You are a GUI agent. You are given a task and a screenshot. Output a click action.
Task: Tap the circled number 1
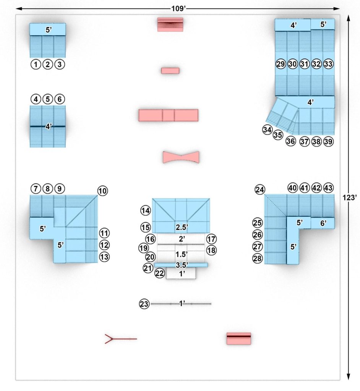click(x=36, y=65)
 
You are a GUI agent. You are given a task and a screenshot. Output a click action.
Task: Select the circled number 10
click(x=102, y=191)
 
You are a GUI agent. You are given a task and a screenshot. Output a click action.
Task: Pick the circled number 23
click(x=144, y=304)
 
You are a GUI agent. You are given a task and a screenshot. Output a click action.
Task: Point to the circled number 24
click(x=260, y=190)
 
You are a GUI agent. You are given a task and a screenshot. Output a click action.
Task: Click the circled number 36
click(x=290, y=141)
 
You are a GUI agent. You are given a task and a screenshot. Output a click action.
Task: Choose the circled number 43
click(x=328, y=188)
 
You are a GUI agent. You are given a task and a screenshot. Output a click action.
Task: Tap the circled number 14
click(x=145, y=210)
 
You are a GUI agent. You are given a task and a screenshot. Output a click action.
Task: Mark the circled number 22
click(x=160, y=273)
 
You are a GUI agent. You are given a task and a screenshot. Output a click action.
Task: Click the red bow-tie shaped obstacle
click(x=181, y=157)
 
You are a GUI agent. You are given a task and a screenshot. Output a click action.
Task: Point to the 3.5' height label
click(x=182, y=265)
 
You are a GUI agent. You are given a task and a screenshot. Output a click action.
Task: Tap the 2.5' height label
click(x=181, y=227)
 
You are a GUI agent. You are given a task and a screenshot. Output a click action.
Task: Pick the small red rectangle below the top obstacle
click(x=170, y=71)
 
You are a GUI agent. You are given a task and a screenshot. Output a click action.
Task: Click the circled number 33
click(x=328, y=64)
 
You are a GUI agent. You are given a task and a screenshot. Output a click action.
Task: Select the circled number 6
click(x=60, y=99)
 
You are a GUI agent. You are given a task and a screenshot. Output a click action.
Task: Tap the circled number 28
click(x=258, y=259)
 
